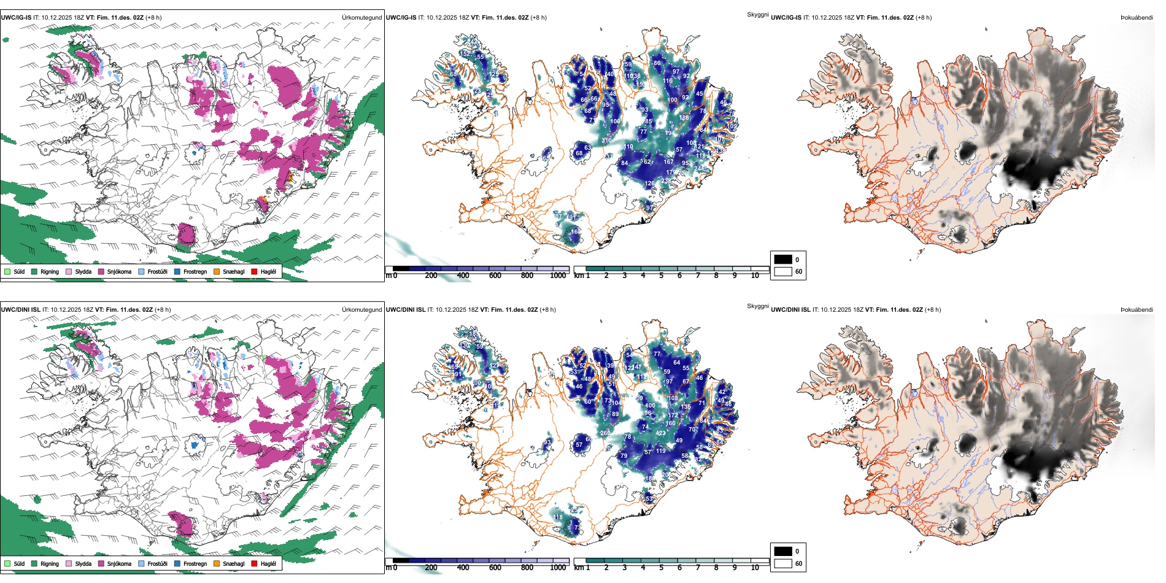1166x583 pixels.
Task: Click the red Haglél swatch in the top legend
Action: coord(254,271)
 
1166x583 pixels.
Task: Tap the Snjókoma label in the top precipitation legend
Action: coord(119,271)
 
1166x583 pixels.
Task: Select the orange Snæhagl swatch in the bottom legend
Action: coord(217,563)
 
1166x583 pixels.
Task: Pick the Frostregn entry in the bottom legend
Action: coord(195,563)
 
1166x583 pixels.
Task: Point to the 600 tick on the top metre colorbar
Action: coord(495,276)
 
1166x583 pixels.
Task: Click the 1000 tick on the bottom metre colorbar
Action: coord(558,568)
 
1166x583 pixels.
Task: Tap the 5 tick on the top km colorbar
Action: coord(661,276)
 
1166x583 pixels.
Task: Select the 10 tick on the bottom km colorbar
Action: coord(755,568)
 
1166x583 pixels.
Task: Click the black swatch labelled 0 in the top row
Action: coord(783,260)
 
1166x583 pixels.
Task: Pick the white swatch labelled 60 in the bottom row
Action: coord(783,563)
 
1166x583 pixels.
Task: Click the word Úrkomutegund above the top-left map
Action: coord(361,18)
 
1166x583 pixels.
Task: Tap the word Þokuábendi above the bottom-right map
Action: coord(1137,310)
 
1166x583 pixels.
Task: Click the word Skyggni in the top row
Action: coord(757,14)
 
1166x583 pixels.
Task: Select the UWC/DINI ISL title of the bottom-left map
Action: coord(20,310)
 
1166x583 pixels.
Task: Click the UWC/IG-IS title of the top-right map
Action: coord(786,18)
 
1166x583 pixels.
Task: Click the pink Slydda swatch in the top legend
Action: coord(69,271)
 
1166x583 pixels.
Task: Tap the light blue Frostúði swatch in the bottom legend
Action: coord(142,563)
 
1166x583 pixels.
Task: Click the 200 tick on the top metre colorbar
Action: coord(431,276)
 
